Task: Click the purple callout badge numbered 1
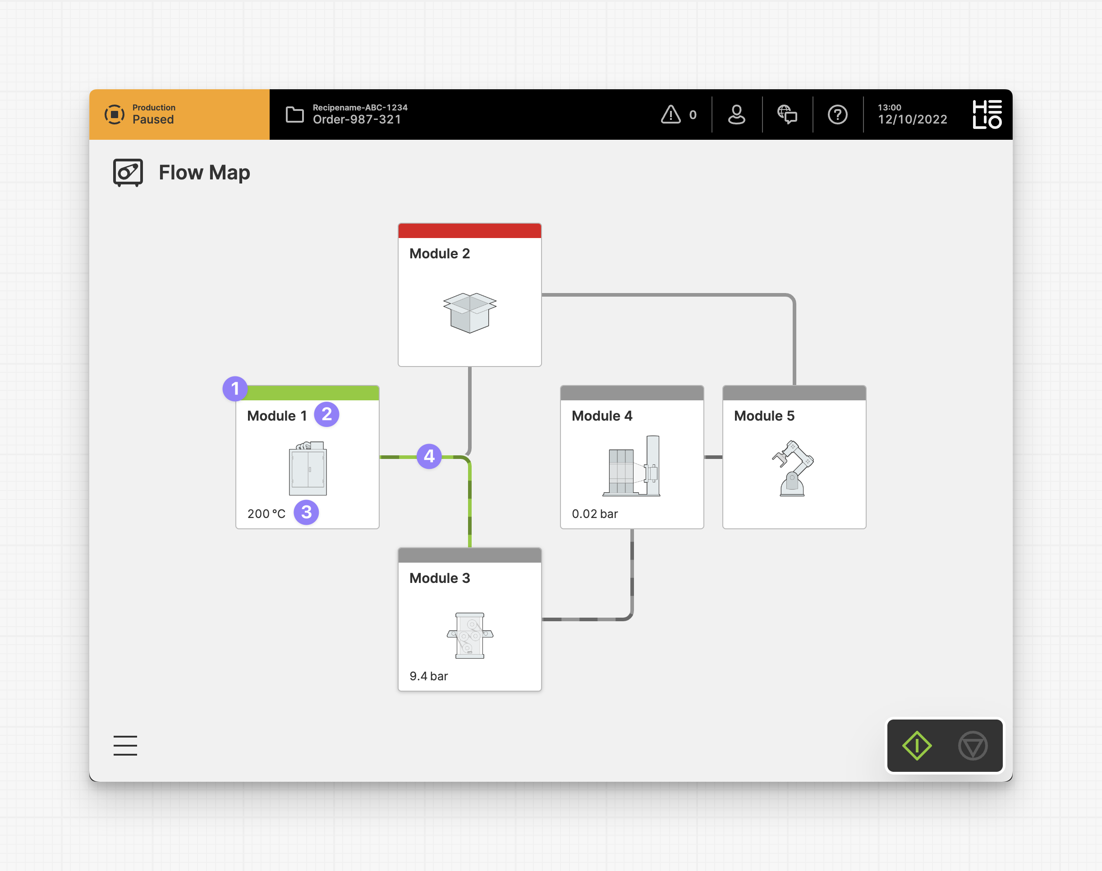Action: (x=235, y=389)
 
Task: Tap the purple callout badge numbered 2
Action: (x=327, y=414)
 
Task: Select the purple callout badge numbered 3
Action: (x=307, y=512)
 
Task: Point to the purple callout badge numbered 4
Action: (x=429, y=456)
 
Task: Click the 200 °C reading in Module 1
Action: (x=266, y=514)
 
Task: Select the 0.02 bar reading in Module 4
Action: (x=595, y=514)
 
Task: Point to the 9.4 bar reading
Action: (x=428, y=676)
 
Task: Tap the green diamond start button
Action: (x=917, y=746)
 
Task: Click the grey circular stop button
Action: (x=973, y=746)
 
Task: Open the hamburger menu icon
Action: (x=125, y=746)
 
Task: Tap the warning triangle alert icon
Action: (x=671, y=114)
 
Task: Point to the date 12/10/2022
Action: (x=912, y=119)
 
